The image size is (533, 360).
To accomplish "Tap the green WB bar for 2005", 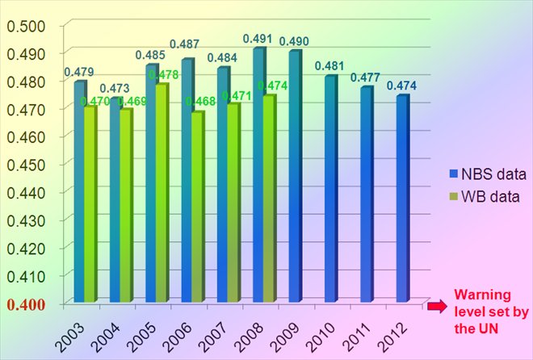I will (x=162, y=194).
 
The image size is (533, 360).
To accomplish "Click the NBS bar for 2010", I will (x=331, y=189).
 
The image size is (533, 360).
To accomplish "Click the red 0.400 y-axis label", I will (x=26, y=303).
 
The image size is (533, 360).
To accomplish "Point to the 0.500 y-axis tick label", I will (x=27, y=24).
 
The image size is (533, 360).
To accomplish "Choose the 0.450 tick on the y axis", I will (x=27, y=164).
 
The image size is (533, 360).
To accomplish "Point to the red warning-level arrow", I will (x=435, y=305).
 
